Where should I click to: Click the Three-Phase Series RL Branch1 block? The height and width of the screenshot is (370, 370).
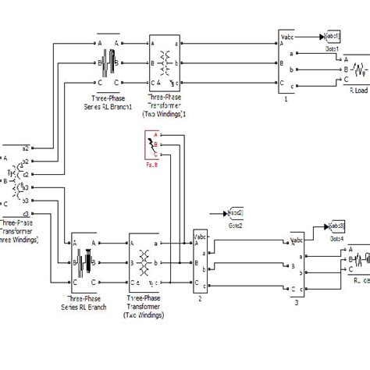point(109,59)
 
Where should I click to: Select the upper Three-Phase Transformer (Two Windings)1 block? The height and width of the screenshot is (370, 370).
point(164,60)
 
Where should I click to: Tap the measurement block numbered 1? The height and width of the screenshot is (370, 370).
point(286,62)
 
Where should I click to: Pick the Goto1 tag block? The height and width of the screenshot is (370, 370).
point(329,36)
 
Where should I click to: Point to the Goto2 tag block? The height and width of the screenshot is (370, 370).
point(234,212)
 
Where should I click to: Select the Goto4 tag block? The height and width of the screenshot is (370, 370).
point(337,226)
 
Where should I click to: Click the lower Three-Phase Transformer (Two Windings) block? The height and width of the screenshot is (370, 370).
point(145,261)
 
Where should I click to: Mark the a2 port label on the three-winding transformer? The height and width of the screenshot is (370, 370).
point(26,148)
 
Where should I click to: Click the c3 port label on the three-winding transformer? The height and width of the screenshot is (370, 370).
point(26,213)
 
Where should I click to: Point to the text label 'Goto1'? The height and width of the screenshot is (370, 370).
point(331,47)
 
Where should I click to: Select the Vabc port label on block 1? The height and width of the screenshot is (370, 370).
point(286,35)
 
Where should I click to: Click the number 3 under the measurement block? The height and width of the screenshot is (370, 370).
point(296,301)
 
